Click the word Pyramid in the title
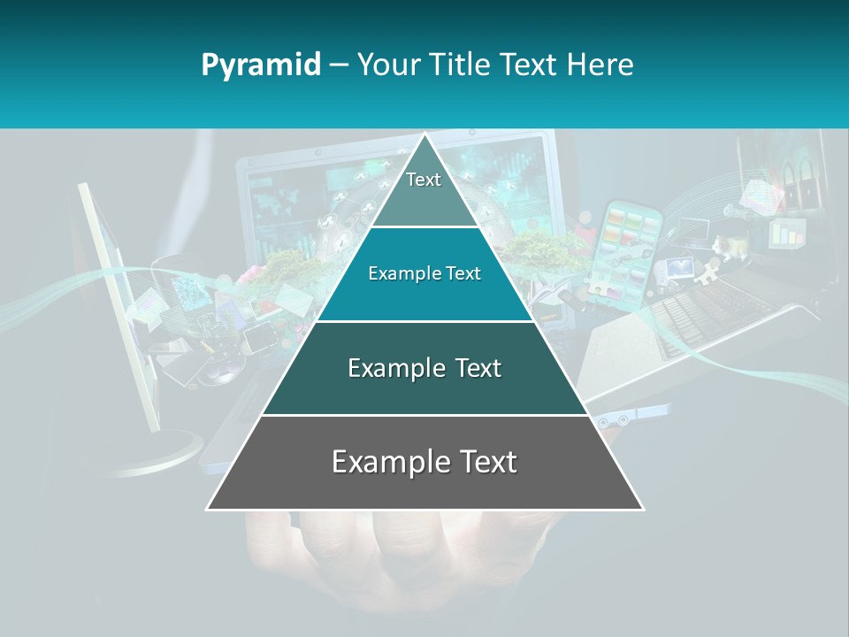[x=260, y=65]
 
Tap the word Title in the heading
[x=460, y=65]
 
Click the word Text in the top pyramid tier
[x=424, y=180]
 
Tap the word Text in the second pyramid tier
[x=462, y=274]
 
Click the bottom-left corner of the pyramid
[x=208, y=509]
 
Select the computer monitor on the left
[x=115, y=301]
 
